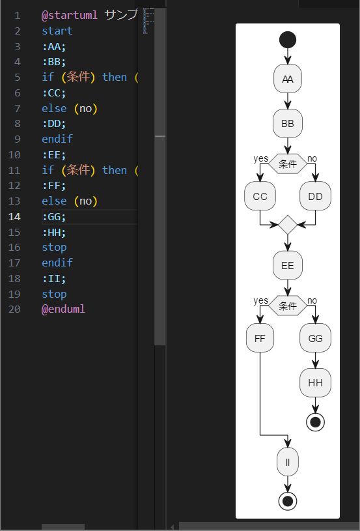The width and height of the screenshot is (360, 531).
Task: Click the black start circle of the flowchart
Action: [x=288, y=40]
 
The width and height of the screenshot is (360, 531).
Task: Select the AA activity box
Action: [x=288, y=79]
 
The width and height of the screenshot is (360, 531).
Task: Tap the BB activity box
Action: [x=288, y=123]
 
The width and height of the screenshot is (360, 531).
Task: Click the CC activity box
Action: [x=260, y=196]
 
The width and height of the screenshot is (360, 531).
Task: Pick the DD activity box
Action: [x=315, y=196]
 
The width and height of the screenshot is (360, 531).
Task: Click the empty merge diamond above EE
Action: [x=288, y=225]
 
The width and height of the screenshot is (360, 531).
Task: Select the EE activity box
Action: [x=288, y=266]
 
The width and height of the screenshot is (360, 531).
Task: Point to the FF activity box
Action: [x=260, y=338]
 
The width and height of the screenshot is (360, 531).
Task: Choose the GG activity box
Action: [x=315, y=338]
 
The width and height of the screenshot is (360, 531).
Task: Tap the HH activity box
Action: [x=315, y=382]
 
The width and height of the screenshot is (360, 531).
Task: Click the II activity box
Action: [x=288, y=462]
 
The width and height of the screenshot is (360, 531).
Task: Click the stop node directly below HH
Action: [x=315, y=422]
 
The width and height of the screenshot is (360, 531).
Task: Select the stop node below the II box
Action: [x=288, y=501]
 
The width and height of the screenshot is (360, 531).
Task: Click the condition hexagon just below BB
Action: [x=288, y=164]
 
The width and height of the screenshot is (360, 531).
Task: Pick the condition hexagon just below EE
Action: [x=288, y=306]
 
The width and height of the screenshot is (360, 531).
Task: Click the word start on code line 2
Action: [x=57, y=31]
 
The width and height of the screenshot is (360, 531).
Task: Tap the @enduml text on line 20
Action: [x=63, y=309]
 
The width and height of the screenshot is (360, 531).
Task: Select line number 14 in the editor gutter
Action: [x=14, y=216]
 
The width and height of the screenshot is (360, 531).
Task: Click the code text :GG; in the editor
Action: [x=54, y=216]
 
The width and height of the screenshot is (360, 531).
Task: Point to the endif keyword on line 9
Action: [x=57, y=139]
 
